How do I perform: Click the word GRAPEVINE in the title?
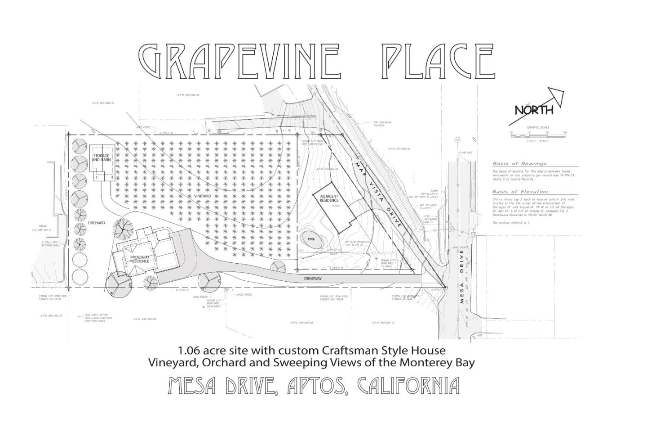coord(238,61)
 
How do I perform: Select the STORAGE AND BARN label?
coord(101,158)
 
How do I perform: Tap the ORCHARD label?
coord(96,223)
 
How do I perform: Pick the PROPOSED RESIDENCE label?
coord(140,259)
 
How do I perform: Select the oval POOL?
coord(311,239)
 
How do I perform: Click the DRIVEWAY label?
coord(313,279)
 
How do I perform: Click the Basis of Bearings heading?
coord(519,164)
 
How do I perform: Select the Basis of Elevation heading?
coord(520,192)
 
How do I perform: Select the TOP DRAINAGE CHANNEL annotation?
coord(382,123)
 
